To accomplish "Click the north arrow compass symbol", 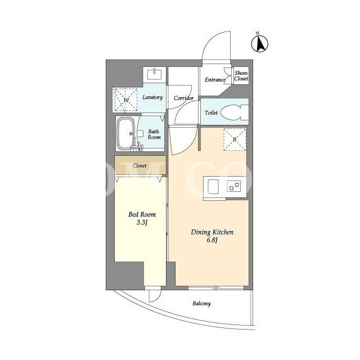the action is (260, 43).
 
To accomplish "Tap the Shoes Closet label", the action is (241, 76).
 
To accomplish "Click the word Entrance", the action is (215, 80).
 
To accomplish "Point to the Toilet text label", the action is (211, 112).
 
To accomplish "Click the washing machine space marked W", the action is (125, 100).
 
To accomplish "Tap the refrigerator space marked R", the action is (235, 139).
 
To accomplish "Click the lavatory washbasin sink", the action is (154, 74).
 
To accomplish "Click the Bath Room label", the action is (154, 134).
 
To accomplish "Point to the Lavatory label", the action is (152, 97).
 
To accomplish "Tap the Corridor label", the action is (183, 98).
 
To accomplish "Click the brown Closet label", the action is (139, 165).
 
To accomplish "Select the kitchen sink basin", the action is (213, 187).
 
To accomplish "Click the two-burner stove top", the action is (234, 186).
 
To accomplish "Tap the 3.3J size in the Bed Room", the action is (142, 223).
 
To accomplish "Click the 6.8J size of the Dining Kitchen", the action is (212, 240).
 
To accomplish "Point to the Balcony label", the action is (201, 304).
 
